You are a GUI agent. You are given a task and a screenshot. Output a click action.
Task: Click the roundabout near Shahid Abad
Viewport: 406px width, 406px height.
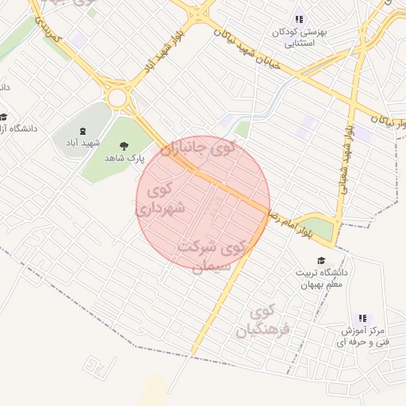tap(119, 98)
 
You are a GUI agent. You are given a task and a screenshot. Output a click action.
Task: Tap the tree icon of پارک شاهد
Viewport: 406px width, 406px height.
tap(124, 144)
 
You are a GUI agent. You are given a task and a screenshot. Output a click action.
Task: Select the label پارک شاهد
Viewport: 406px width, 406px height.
tap(124, 158)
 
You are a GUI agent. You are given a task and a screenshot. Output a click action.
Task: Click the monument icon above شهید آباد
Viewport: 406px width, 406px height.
tap(83, 131)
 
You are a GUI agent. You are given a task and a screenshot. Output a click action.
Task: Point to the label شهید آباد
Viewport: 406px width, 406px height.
tap(83, 144)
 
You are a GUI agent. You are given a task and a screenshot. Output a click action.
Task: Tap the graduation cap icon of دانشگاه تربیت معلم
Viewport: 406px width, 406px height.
tap(321, 260)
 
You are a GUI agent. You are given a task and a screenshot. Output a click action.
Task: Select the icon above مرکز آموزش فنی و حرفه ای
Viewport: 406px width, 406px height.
tap(363, 318)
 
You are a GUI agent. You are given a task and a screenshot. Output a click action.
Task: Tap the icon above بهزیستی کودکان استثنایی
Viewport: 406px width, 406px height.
tap(299, 19)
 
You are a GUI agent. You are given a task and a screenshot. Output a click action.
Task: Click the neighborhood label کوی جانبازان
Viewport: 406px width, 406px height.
tap(198, 148)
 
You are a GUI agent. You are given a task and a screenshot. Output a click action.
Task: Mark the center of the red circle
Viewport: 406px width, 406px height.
tap(203, 203)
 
